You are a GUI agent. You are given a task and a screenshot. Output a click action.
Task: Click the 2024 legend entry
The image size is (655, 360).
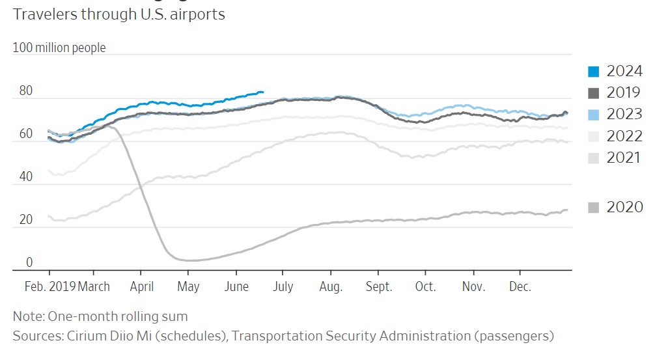[615, 72]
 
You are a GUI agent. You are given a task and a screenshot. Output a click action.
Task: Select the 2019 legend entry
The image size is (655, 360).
[615, 93]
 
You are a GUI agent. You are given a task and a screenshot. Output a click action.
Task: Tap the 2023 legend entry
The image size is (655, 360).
[615, 115]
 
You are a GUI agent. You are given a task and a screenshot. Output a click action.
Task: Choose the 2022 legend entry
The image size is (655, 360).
[615, 136]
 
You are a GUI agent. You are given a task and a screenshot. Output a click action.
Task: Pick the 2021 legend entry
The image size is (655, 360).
[615, 158]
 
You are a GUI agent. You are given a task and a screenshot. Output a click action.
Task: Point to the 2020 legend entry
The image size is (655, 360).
[615, 207]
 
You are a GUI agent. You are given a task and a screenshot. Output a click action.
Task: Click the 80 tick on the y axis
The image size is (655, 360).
[25, 91]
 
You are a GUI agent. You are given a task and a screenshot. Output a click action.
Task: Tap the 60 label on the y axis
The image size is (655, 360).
[25, 134]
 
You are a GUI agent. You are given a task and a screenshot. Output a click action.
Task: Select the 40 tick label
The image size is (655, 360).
[25, 177]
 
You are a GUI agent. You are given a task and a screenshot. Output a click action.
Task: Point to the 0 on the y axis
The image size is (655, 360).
[29, 262]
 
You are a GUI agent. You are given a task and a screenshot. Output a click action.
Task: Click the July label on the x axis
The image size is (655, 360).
[282, 287]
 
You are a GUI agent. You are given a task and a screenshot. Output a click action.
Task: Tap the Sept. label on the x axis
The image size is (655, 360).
[379, 287]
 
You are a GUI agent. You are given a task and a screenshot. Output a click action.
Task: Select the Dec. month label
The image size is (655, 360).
[520, 287]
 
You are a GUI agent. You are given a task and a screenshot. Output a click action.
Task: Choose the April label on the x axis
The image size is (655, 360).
[141, 287]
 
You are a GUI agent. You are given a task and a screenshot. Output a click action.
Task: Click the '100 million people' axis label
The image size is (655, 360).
[59, 48]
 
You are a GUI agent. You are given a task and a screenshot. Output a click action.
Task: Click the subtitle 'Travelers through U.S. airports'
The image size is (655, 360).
[119, 14]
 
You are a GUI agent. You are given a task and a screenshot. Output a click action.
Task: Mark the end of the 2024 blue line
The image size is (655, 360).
[262, 92]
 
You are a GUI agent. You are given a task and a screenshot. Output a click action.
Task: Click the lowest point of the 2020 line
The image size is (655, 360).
[189, 260]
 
